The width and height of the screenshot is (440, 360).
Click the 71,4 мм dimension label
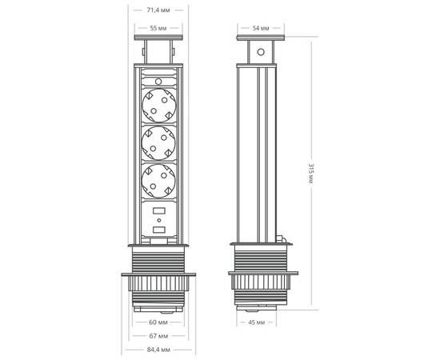[x=158, y=10]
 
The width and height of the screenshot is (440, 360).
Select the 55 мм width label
[x=158, y=28]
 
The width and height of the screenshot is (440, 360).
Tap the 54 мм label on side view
[x=260, y=28]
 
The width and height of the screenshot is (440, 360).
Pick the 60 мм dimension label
[x=158, y=324]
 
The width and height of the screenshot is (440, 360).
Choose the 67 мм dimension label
[x=158, y=337]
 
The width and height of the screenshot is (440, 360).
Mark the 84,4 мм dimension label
[x=158, y=350]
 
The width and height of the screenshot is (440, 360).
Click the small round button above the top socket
[x=158, y=81]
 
